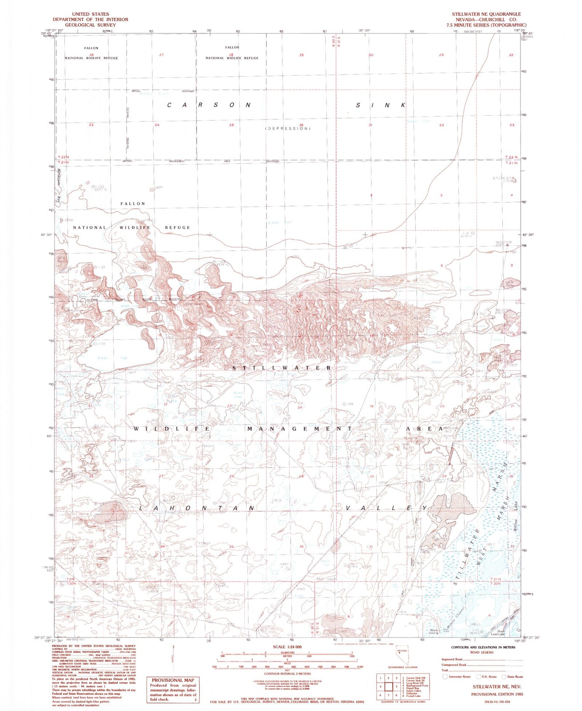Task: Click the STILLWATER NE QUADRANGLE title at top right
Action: pyautogui.click(x=486, y=14)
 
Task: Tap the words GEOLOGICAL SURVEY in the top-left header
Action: pyautogui.click(x=90, y=25)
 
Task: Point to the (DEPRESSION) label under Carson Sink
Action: pyautogui.click(x=288, y=129)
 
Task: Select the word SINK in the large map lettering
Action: pyautogui.click(x=381, y=105)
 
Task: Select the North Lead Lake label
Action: pyautogui.click(x=503, y=633)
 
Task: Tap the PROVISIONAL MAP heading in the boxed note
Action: pyautogui.click(x=173, y=680)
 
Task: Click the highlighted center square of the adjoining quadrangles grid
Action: pyautogui.click(x=388, y=686)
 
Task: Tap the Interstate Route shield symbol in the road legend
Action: pyautogui.click(x=445, y=676)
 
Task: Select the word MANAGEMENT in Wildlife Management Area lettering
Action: pyautogui.click(x=300, y=429)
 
